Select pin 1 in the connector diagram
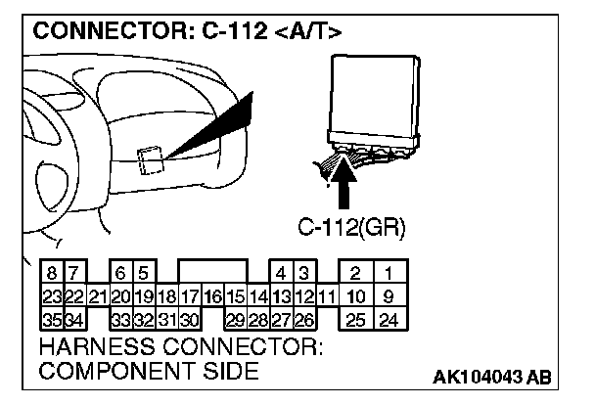tap(389, 274)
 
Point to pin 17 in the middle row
tap(191, 296)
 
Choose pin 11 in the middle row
tap(327, 296)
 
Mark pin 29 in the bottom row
tap(236, 319)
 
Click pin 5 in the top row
tap(143, 274)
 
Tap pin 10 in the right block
tap(356, 296)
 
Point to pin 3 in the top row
tap(304, 274)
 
